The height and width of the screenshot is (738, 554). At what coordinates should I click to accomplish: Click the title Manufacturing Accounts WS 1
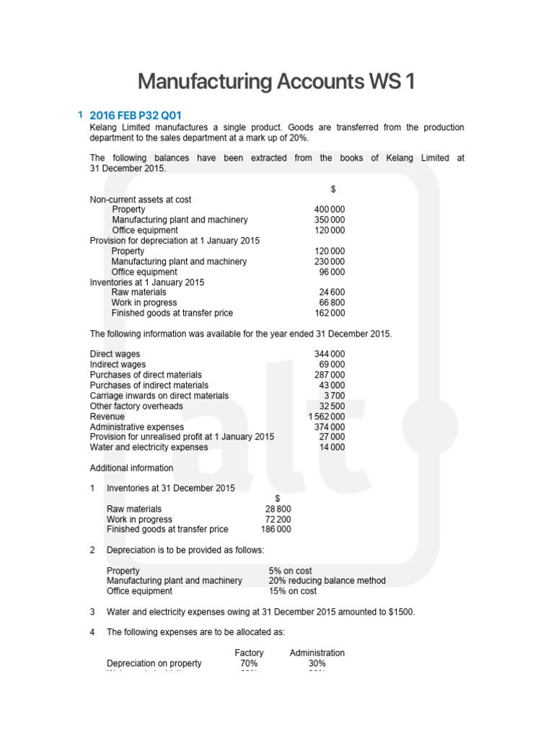click(x=276, y=81)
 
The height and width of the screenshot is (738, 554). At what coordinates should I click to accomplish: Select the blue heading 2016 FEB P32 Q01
click(x=136, y=115)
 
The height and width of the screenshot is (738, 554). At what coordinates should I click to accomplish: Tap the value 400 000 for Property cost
click(x=330, y=210)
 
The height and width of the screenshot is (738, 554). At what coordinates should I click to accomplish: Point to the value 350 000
click(x=330, y=220)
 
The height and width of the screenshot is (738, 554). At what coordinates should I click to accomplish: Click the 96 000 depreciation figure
click(x=332, y=272)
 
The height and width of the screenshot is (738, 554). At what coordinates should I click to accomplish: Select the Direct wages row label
click(x=115, y=354)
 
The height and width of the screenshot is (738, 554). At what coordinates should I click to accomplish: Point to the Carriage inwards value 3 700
click(x=334, y=396)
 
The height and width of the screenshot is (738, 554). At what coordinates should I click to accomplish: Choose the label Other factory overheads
click(x=136, y=406)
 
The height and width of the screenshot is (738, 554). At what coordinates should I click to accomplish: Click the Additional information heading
click(x=131, y=468)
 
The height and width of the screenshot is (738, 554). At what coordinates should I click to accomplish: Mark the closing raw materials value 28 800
click(x=278, y=509)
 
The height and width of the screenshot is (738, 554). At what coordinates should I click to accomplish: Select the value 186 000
click(x=276, y=529)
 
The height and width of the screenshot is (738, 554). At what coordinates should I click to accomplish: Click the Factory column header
click(x=249, y=653)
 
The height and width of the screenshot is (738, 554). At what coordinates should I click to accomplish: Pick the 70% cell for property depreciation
click(x=249, y=663)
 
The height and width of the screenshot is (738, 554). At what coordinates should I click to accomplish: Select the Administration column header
click(x=317, y=653)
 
